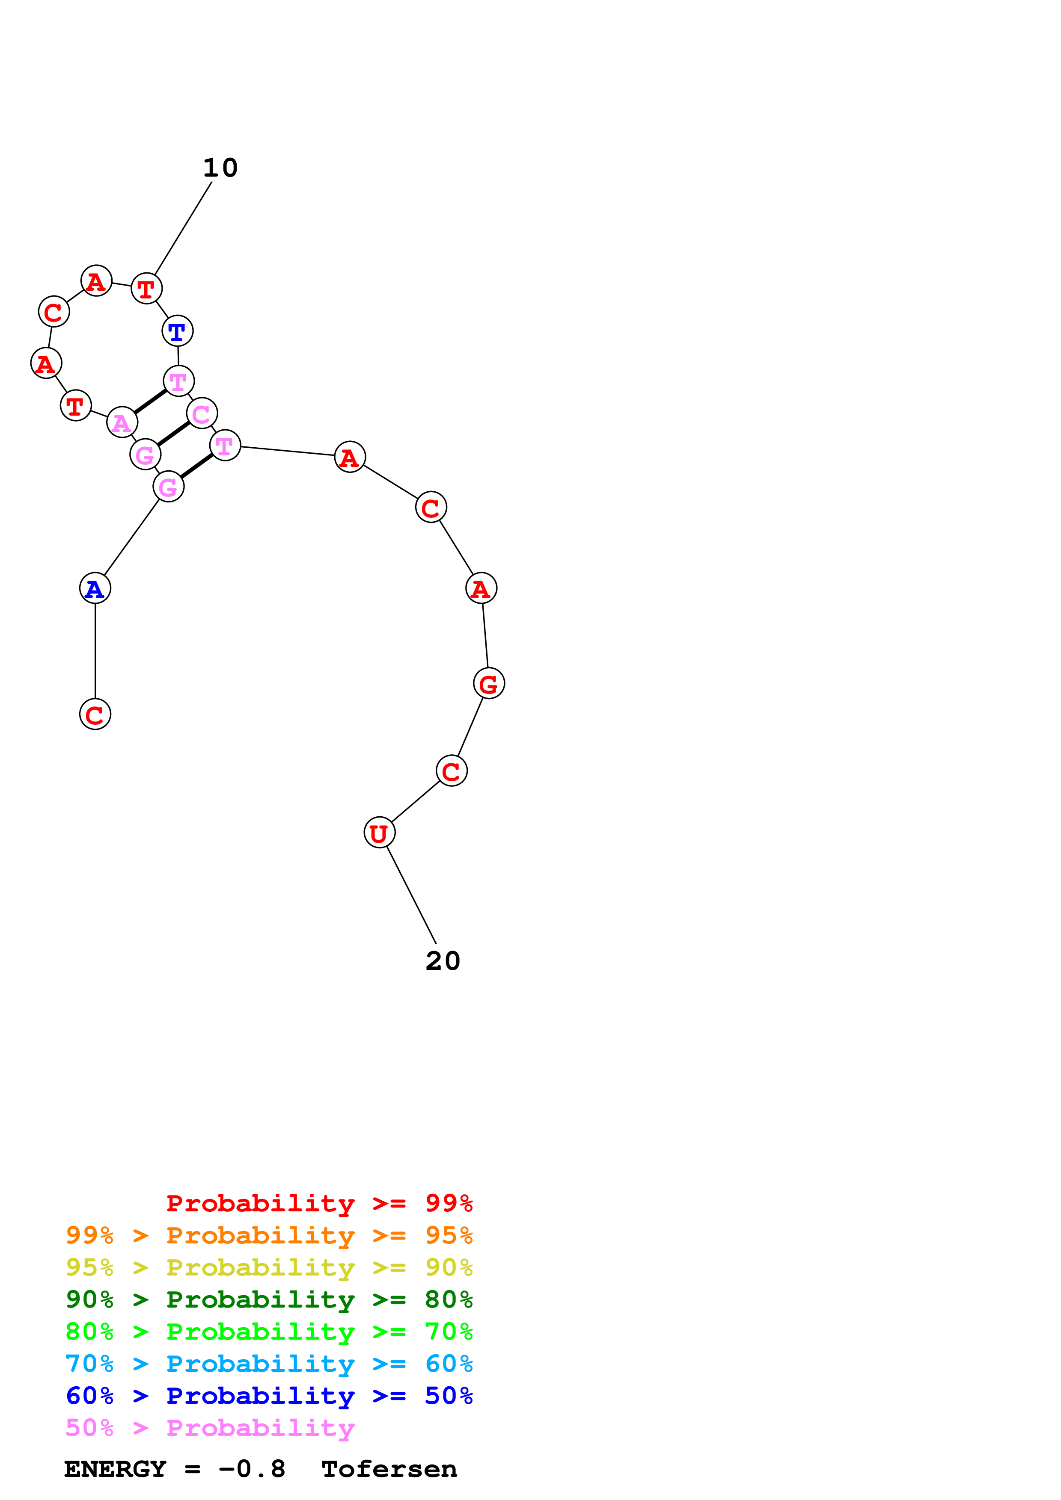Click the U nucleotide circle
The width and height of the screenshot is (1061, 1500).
coord(379,833)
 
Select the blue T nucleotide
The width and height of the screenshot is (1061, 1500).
coord(177,331)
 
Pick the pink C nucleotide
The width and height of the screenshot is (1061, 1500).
coord(201,413)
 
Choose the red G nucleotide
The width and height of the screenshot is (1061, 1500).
coord(489,683)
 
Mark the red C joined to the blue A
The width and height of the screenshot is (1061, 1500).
coord(95,714)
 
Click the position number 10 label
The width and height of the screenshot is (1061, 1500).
coord(220,168)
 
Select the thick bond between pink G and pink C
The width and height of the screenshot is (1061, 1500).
coord(173,434)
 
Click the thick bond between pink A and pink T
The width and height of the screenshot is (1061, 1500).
coord(150,401)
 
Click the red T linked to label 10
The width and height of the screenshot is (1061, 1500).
coord(146,288)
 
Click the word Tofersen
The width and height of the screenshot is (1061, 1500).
coord(389,1469)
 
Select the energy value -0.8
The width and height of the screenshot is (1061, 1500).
coord(253,1469)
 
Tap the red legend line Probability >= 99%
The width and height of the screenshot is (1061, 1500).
coord(319,1203)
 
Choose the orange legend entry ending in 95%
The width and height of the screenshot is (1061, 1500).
coord(269,1235)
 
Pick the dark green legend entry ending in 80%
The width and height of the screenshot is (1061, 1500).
coord(269,1299)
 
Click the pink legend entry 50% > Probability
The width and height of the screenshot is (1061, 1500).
coord(210,1428)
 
